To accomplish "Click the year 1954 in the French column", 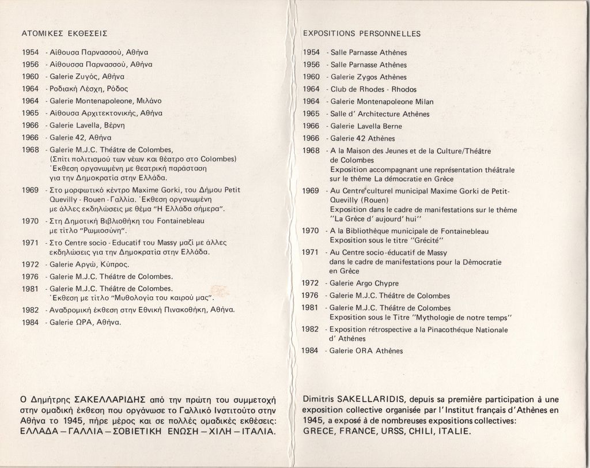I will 311,52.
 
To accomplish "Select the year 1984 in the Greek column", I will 30,322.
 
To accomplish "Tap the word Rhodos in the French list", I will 404,89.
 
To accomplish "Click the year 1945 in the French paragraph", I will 314,421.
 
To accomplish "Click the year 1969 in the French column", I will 311,190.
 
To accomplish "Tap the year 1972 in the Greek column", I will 30,265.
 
